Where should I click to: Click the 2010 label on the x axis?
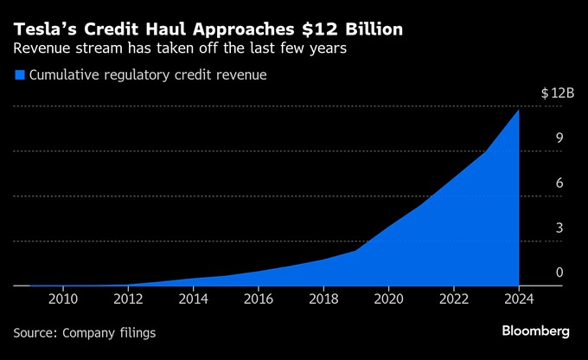[63, 299]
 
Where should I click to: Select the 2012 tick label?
[128, 299]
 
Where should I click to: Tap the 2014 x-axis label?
[193, 299]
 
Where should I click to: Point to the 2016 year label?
[259, 299]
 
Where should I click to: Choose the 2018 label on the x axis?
[323, 299]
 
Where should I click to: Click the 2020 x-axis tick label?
[388, 299]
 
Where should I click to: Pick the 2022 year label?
[454, 299]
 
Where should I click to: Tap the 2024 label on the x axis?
[519, 299]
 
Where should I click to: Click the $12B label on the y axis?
[558, 93]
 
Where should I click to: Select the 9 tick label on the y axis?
[559, 138]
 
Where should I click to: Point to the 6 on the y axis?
[559, 183]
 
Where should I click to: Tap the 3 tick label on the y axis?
[559, 228]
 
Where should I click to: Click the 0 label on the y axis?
[559, 272]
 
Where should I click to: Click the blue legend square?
[20, 74]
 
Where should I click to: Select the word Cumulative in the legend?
[65, 74]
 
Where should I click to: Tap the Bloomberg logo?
[535, 331]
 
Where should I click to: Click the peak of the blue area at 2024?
[519, 110]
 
